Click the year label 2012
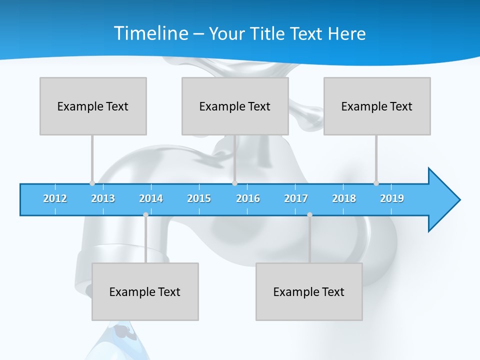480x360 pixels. (x=55, y=198)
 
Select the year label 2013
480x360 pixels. (x=103, y=198)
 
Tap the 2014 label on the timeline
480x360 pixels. (x=151, y=198)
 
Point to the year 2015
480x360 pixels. (x=199, y=198)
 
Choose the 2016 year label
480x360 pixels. (x=248, y=198)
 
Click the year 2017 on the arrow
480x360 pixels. (x=296, y=198)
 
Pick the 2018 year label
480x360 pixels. (x=344, y=198)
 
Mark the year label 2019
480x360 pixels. (x=392, y=198)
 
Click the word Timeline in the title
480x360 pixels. (x=149, y=33)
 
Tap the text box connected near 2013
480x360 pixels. (x=93, y=106)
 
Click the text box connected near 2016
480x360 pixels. (x=235, y=106)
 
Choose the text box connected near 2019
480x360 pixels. (x=377, y=106)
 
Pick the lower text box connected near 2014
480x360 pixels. (x=145, y=291)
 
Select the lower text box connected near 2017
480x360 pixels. (x=309, y=291)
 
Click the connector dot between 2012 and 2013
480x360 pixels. (x=92, y=183)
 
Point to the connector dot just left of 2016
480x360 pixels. (x=235, y=183)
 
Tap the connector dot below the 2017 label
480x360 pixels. (x=309, y=214)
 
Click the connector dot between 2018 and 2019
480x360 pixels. (x=376, y=183)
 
